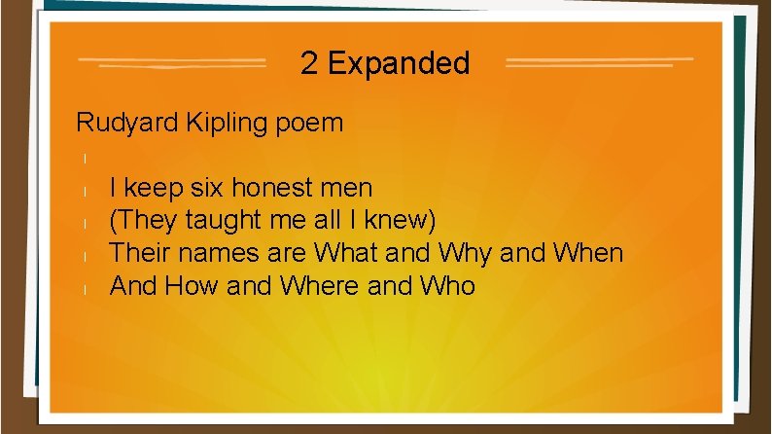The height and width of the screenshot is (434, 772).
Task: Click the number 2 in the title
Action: coord(309,64)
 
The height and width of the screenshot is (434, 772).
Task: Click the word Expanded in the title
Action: coord(399,65)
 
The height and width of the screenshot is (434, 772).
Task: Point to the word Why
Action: coord(466,253)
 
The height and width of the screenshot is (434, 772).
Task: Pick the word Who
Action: coord(444,286)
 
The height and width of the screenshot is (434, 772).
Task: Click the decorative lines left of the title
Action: coord(172,63)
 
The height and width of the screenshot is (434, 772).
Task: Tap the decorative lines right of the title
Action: coord(599,63)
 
